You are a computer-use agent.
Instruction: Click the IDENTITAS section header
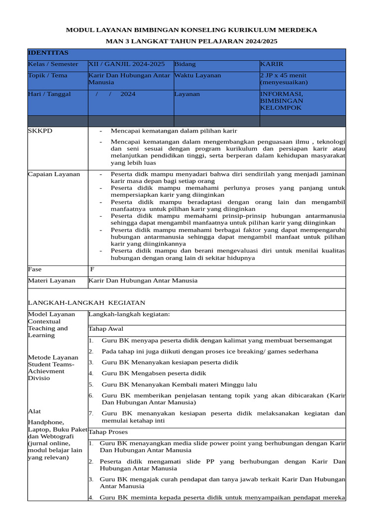click(x=48, y=53)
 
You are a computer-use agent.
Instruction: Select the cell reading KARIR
click(x=272, y=64)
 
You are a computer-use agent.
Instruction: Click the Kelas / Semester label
click(x=53, y=64)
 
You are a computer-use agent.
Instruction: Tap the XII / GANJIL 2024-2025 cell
click(x=126, y=64)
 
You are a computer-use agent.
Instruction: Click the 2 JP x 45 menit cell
click(x=284, y=79)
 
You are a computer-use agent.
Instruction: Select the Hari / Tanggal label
click(x=49, y=94)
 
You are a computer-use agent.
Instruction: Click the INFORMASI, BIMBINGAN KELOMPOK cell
click(x=282, y=101)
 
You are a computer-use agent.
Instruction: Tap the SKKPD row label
click(x=40, y=131)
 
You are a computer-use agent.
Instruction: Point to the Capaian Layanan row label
click(x=54, y=174)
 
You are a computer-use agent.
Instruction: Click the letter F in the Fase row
click(x=92, y=269)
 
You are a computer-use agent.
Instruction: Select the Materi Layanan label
click(x=52, y=281)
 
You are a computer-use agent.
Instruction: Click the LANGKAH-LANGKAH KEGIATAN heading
click(x=87, y=303)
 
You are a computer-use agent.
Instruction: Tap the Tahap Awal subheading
click(x=106, y=329)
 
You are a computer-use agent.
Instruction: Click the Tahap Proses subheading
click(x=108, y=432)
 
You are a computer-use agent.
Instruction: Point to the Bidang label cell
click(x=185, y=64)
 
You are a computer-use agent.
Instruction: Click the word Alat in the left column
click(x=34, y=411)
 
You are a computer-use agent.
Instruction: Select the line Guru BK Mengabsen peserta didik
click(x=154, y=374)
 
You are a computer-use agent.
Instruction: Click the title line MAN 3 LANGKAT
click(x=191, y=41)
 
